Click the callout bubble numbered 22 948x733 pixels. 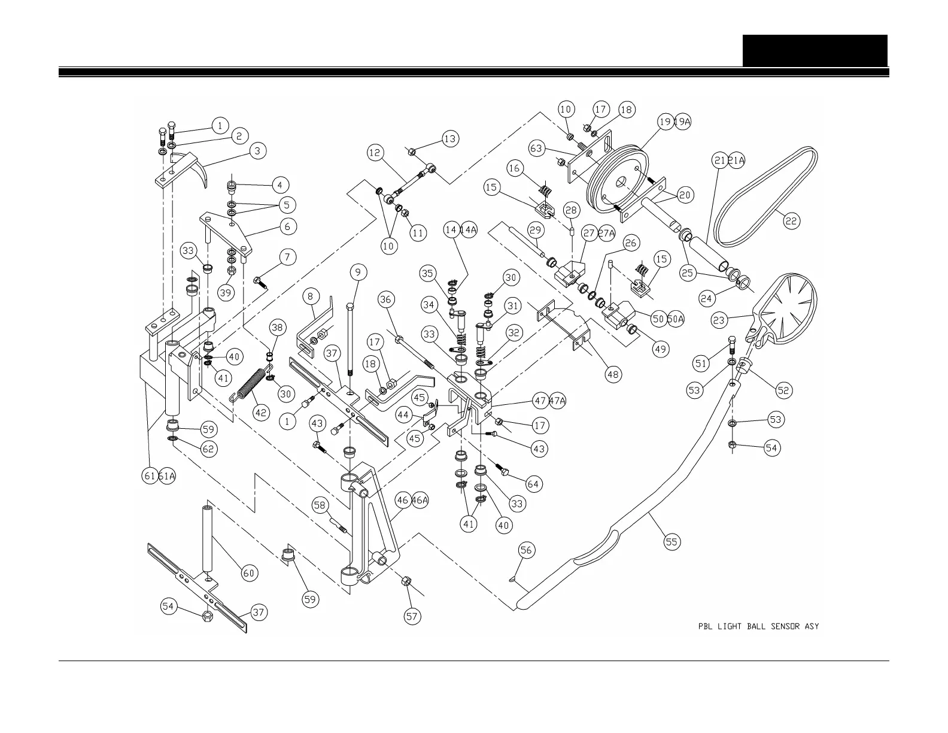click(x=791, y=221)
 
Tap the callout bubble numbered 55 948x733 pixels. click(x=673, y=542)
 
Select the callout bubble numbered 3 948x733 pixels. click(x=257, y=150)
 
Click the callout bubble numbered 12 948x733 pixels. click(x=375, y=153)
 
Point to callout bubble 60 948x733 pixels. click(x=249, y=573)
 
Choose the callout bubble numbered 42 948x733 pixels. click(x=261, y=413)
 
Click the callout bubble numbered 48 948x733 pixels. click(x=613, y=375)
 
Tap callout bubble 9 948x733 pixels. click(x=357, y=272)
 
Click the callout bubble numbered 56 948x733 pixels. click(x=526, y=550)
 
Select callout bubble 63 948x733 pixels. click(x=537, y=147)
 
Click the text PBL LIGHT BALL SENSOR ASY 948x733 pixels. click(x=758, y=626)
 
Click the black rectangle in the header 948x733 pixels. click(x=815, y=50)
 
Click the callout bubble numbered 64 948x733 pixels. click(x=533, y=483)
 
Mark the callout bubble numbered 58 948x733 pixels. click(x=320, y=505)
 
